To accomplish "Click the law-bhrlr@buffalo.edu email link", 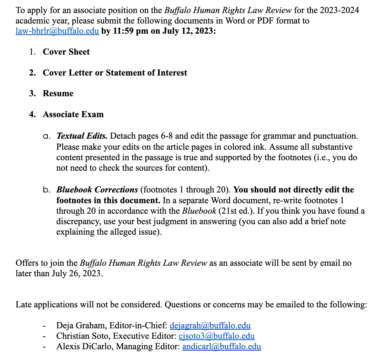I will coord(57,31).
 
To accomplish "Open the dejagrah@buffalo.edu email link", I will coord(210,325).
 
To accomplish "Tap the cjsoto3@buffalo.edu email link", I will coord(216,336).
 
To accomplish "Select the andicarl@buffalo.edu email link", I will coord(222,346).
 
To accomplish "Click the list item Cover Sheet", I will coord(66,52).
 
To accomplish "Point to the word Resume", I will coord(58,93).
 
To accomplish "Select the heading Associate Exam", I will coord(73,114).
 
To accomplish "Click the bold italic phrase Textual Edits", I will coord(82,136).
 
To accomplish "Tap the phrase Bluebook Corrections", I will coord(97,190).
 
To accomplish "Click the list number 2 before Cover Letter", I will coord(32,73).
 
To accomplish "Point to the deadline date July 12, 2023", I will coord(189,31).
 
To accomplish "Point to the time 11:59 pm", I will coord(130,31).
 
